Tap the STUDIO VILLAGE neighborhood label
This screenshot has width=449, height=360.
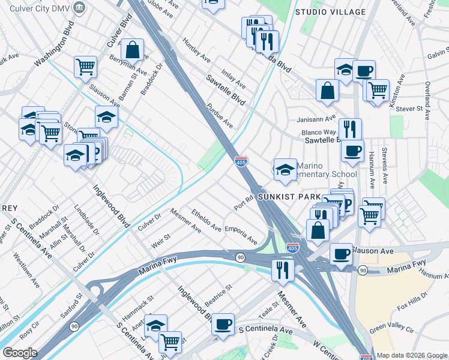pos(330,12)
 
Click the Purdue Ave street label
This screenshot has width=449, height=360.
pos(219,115)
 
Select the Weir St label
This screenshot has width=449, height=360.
pos(161,240)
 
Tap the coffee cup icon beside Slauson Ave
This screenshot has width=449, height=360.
pos(342,253)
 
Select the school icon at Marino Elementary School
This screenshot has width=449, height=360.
pos(285,169)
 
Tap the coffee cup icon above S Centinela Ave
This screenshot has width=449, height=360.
pos(223,324)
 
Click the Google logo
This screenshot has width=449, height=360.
pos(19,353)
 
